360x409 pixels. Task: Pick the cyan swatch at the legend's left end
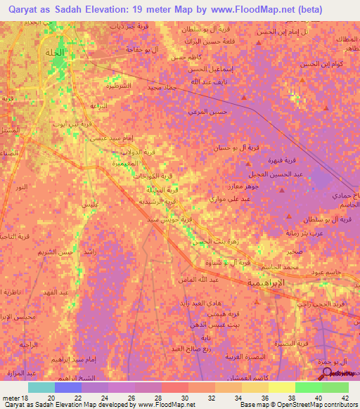click(x=41, y=387)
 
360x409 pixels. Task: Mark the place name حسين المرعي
click(x=205, y=111)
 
